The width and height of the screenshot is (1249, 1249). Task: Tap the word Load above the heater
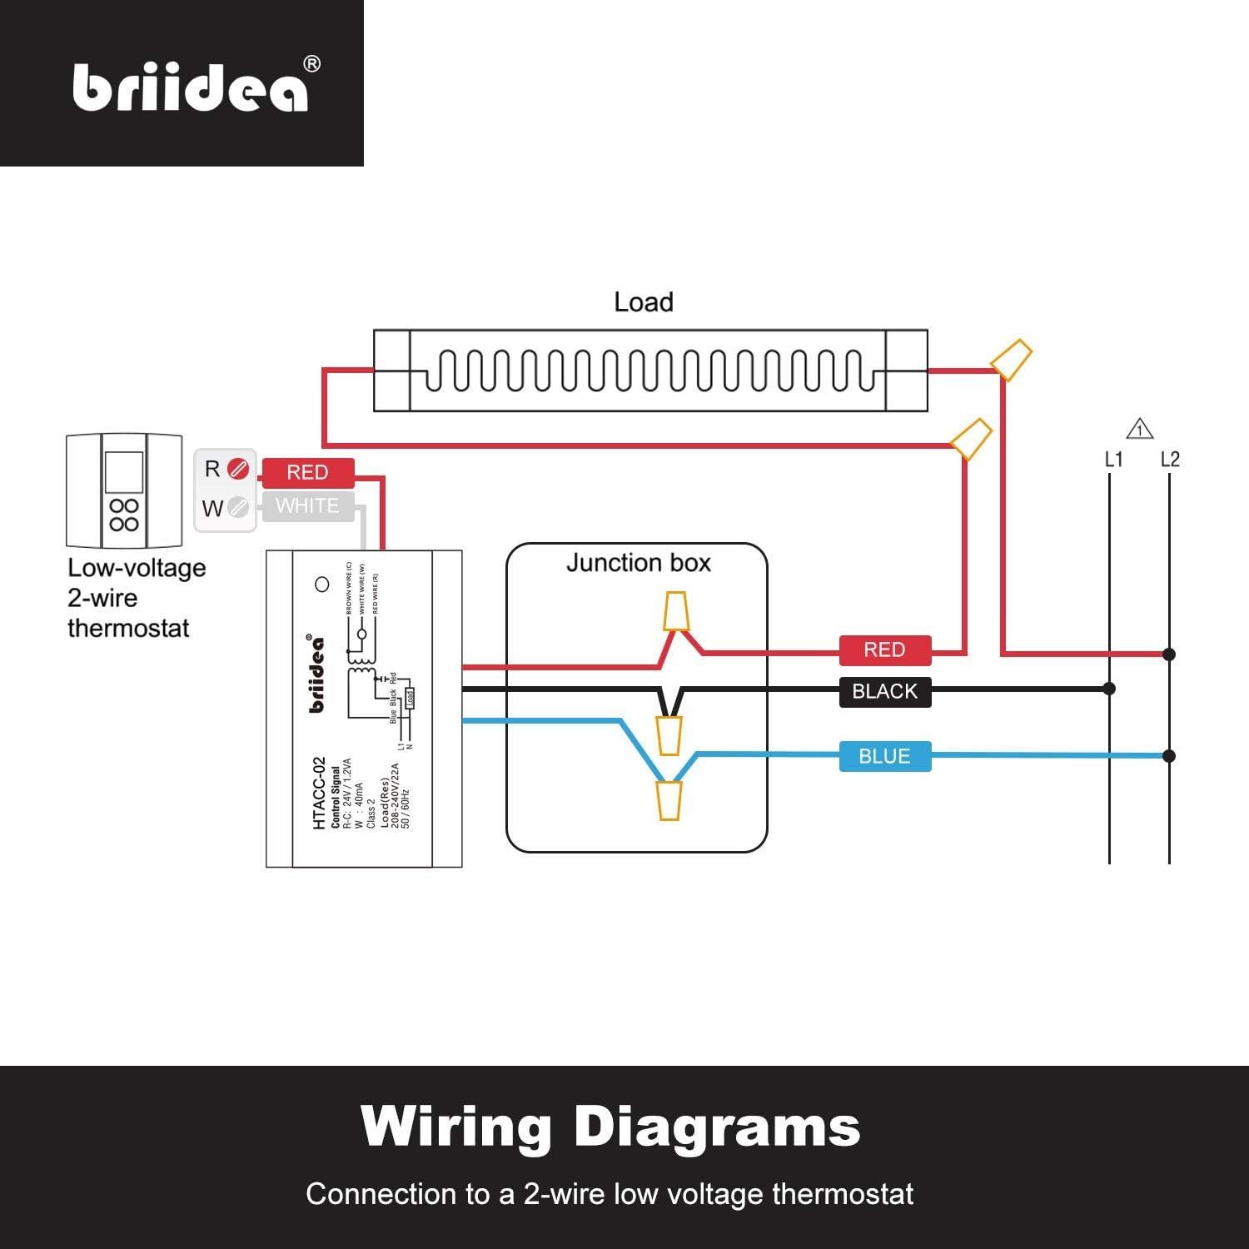coord(643,302)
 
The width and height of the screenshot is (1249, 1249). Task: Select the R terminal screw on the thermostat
coord(238,470)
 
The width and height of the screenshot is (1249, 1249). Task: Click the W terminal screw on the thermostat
coord(238,506)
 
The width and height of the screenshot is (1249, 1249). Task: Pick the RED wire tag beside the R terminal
coord(307,472)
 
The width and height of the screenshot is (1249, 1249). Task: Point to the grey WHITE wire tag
coord(307,506)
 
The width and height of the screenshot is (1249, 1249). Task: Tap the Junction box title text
coord(638,563)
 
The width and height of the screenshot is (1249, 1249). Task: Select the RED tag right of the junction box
coord(884,649)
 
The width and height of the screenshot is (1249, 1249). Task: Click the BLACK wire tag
coord(884,691)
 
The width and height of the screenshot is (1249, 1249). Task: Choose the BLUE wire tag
coord(884,756)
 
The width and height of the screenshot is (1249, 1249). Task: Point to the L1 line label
coord(1113,460)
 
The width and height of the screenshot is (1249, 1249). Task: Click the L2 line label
coord(1170,460)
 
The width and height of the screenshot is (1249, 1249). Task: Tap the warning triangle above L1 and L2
coord(1139,430)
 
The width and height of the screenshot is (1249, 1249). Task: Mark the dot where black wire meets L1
coord(1109,689)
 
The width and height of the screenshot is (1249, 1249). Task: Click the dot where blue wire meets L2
coord(1169,756)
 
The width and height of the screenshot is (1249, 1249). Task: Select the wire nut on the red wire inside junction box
coord(675,611)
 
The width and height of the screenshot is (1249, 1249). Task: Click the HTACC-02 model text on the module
coord(319,793)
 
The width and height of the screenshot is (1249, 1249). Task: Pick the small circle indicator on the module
coord(322,585)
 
